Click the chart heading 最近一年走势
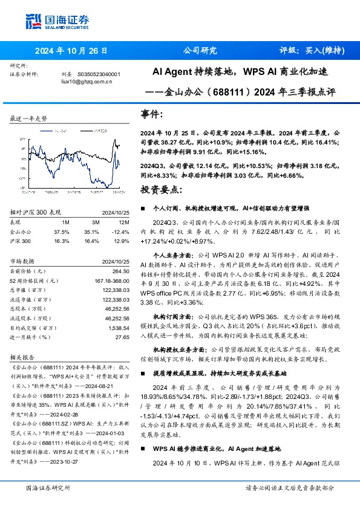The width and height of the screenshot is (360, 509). click(28, 118)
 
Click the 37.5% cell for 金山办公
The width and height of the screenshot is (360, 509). click(62, 232)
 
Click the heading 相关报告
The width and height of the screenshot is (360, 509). click(23, 357)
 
